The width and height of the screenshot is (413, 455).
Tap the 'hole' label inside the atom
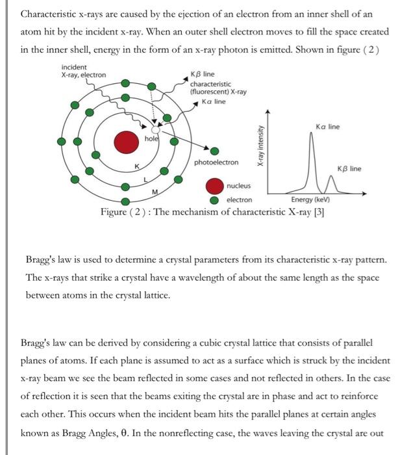pyautogui.click(x=151, y=138)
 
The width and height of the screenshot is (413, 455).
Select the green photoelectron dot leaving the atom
pyautogui.click(x=214, y=151)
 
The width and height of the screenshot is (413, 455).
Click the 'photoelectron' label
pyautogui.click(x=216, y=162)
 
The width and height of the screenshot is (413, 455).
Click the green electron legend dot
pyautogui.click(x=214, y=200)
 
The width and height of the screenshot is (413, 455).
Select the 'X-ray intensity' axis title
pyautogui.click(x=260, y=148)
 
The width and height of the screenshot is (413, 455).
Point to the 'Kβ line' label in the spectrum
pyautogui.click(x=349, y=169)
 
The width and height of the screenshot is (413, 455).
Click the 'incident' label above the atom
pyautogui.click(x=73, y=67)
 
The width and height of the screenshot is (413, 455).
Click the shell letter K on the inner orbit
pyautogui.click(x=136, y=167)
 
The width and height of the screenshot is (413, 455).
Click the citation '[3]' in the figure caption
pyautogui.click(x=319, y=212)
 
